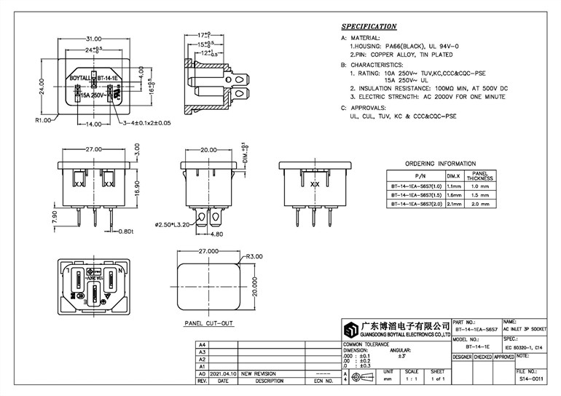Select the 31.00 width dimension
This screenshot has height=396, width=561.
click(93, 39)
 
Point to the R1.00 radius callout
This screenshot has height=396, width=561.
click(42, 119)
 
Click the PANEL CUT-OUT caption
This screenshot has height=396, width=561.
click(208, 322)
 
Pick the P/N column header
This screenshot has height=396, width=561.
click(420, 176)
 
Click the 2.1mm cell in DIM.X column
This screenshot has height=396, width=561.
click(452, 205)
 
